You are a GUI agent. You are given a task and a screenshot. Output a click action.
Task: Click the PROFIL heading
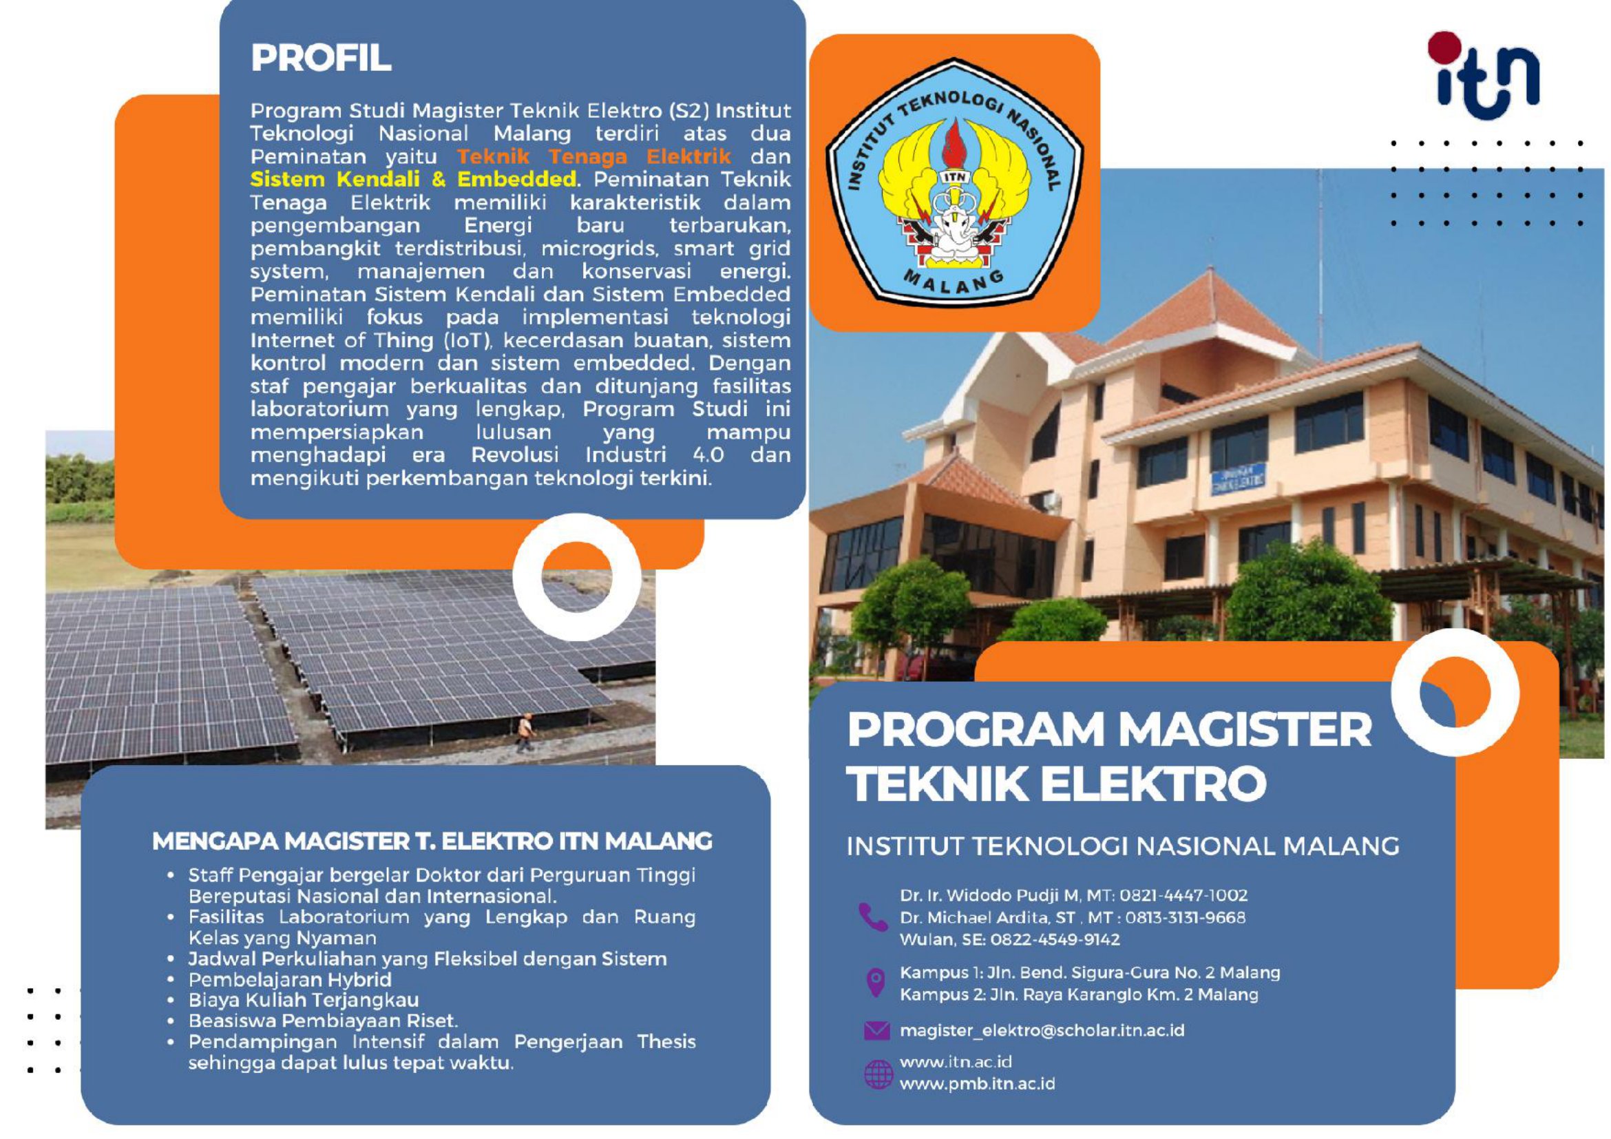pyautogui.click(x=321, y=58)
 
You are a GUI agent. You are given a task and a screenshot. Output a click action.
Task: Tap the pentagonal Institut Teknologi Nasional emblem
pyautogui.click(x=954, y=181)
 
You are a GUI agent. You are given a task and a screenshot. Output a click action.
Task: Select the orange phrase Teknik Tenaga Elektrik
pyautogui.click(x=593, y=156)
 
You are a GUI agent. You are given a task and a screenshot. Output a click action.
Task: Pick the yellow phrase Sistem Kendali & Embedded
pyautogui.click(x=413, y=179)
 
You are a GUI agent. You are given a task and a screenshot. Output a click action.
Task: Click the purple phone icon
pyautogui.click(x=873, y=917)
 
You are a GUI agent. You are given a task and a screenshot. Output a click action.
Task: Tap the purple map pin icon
pyautogui.click(x=875, y=983)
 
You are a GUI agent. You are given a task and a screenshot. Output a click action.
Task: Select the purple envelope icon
pyautogui.click(x=876, y=1030)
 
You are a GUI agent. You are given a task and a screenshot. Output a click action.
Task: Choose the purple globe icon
pyautogui.click(x=878, y=1074)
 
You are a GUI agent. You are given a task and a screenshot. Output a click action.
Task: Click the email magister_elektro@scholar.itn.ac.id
pyautogui.click(x=1042, y=1030)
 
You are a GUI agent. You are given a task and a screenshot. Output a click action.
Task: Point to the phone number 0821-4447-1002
pyautogui.click(x=1183, y=895)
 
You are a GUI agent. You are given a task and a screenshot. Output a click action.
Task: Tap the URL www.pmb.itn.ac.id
pyautogui.click(x=978, y=1083)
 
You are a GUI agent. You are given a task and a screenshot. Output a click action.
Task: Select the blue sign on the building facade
pyautogui.click(x=1239, y=479)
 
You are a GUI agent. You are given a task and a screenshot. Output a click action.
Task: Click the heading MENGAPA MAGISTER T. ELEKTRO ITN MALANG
pyautogui.click(x=432, y=842)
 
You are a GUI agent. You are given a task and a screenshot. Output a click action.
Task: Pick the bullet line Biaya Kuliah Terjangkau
pyautogui.click(x=304, y=1000)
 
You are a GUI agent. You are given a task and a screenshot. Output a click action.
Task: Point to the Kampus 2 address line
pyautogui.click(x=1079, y=994)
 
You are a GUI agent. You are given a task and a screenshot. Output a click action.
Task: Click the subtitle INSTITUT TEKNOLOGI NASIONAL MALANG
pyautogui.click(x=1123, y=846)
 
